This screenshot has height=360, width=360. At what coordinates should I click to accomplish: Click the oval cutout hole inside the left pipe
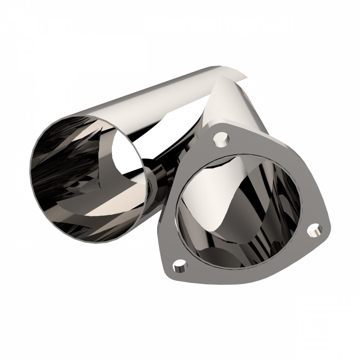coord(126,153)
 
